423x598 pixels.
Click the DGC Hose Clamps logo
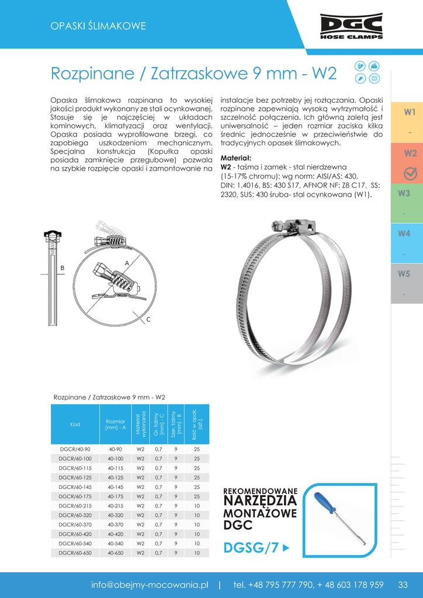[x=351, y=26]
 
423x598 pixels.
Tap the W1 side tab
[x=410, y=112]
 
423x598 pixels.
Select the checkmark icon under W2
[x=410, y=172]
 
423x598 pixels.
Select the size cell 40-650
[x=115, y=552]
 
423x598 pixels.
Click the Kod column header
[x=74, y=425]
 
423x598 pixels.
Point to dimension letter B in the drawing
[x=63, y=267]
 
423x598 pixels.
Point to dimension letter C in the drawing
[x=148, y=319]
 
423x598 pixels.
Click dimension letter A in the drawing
[x=126, y=263]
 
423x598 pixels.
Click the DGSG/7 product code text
[x=251, y=548]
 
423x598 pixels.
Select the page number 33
[x=403, y=585]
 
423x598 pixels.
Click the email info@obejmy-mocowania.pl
[x=150, y=585]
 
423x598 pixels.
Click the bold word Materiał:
[x=236, y=158]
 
